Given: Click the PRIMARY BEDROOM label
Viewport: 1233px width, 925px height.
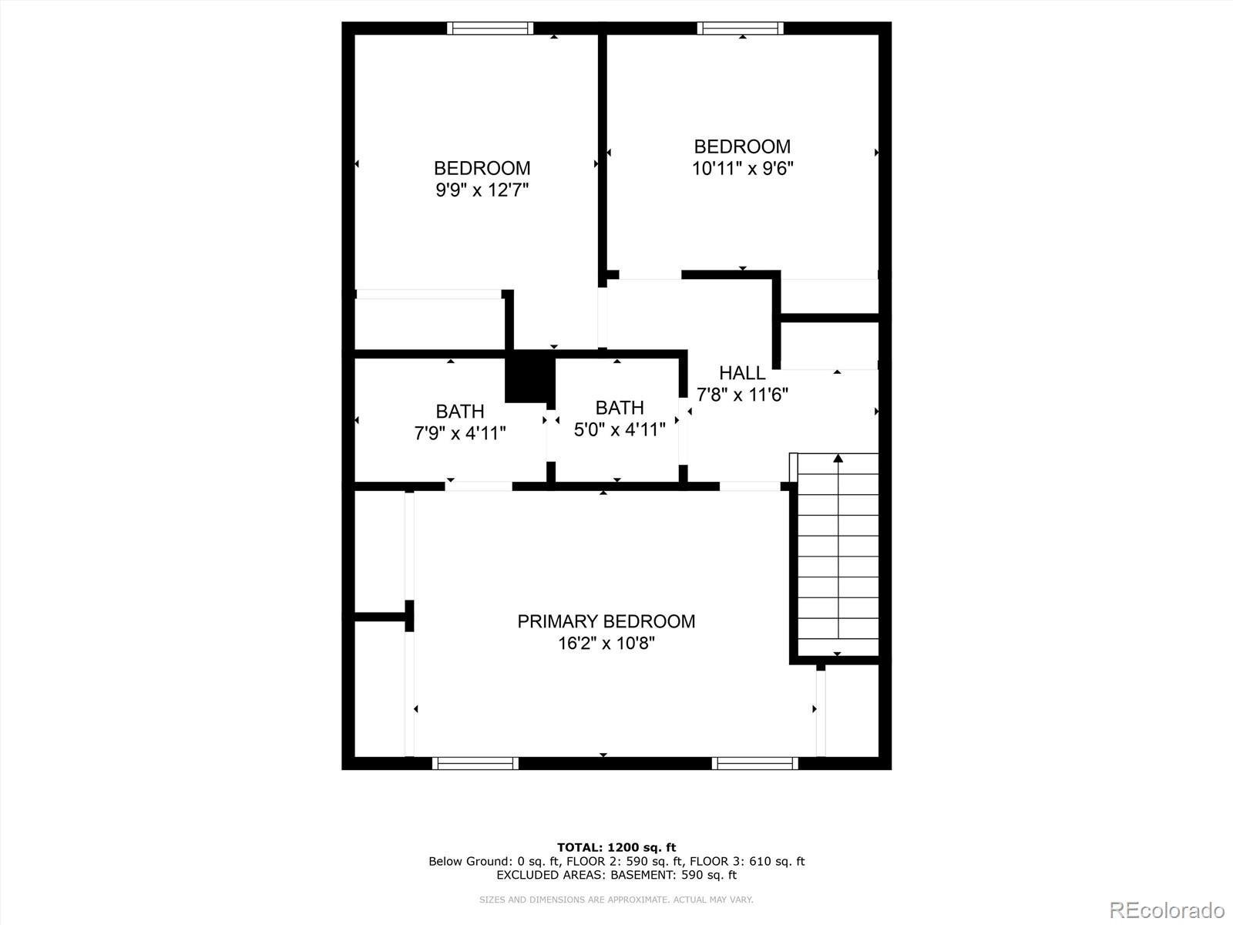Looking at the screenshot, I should coord(606,621).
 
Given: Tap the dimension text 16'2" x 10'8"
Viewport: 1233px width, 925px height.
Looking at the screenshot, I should coord(606,643).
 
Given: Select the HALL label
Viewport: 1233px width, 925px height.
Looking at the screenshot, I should coord(742,373).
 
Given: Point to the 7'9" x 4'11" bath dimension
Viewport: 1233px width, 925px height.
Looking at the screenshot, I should coord(460,433).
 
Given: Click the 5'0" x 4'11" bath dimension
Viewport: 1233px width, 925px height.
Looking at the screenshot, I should coord(620,429).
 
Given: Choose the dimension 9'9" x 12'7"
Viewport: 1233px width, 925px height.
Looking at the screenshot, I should coord(482,190).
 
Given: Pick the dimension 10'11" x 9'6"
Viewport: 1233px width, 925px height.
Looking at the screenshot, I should coord(742,168).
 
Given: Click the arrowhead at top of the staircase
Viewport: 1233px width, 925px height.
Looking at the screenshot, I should coord(838,459).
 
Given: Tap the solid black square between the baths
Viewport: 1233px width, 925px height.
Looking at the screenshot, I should coord(529,377).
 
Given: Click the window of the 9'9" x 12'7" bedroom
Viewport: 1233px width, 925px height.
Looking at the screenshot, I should coord(490,29).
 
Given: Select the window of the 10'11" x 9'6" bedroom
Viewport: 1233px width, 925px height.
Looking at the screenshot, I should coord(741,29).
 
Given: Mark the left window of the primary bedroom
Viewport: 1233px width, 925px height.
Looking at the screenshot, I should coord(475,763).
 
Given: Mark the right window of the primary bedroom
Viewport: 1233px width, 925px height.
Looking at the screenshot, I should coord(754,763).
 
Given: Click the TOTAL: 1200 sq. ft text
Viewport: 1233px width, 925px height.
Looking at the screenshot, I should coord(616,847).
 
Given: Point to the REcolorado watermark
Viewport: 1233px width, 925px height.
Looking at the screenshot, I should coord(1167,910).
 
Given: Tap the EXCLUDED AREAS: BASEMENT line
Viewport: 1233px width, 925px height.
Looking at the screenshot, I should coord(616,875).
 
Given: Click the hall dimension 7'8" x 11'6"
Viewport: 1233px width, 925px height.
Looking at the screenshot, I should coord(742,395).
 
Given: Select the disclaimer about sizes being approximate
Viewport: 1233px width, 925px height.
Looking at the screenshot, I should coord(616,900).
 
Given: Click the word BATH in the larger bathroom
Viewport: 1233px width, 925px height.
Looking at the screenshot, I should coord(460,412).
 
